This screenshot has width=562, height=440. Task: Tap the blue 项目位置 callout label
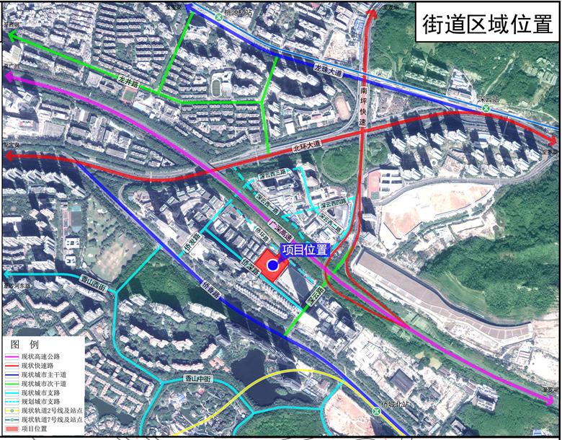point(305,250)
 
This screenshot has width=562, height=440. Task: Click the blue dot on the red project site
point(273,266)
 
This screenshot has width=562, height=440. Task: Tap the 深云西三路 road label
point(274,173)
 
